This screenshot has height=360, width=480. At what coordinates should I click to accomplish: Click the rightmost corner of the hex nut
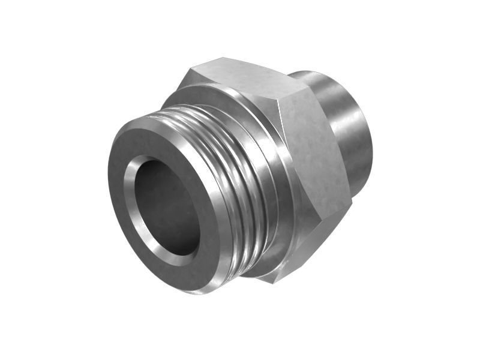pyautogui.click(x=351, y=201)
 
